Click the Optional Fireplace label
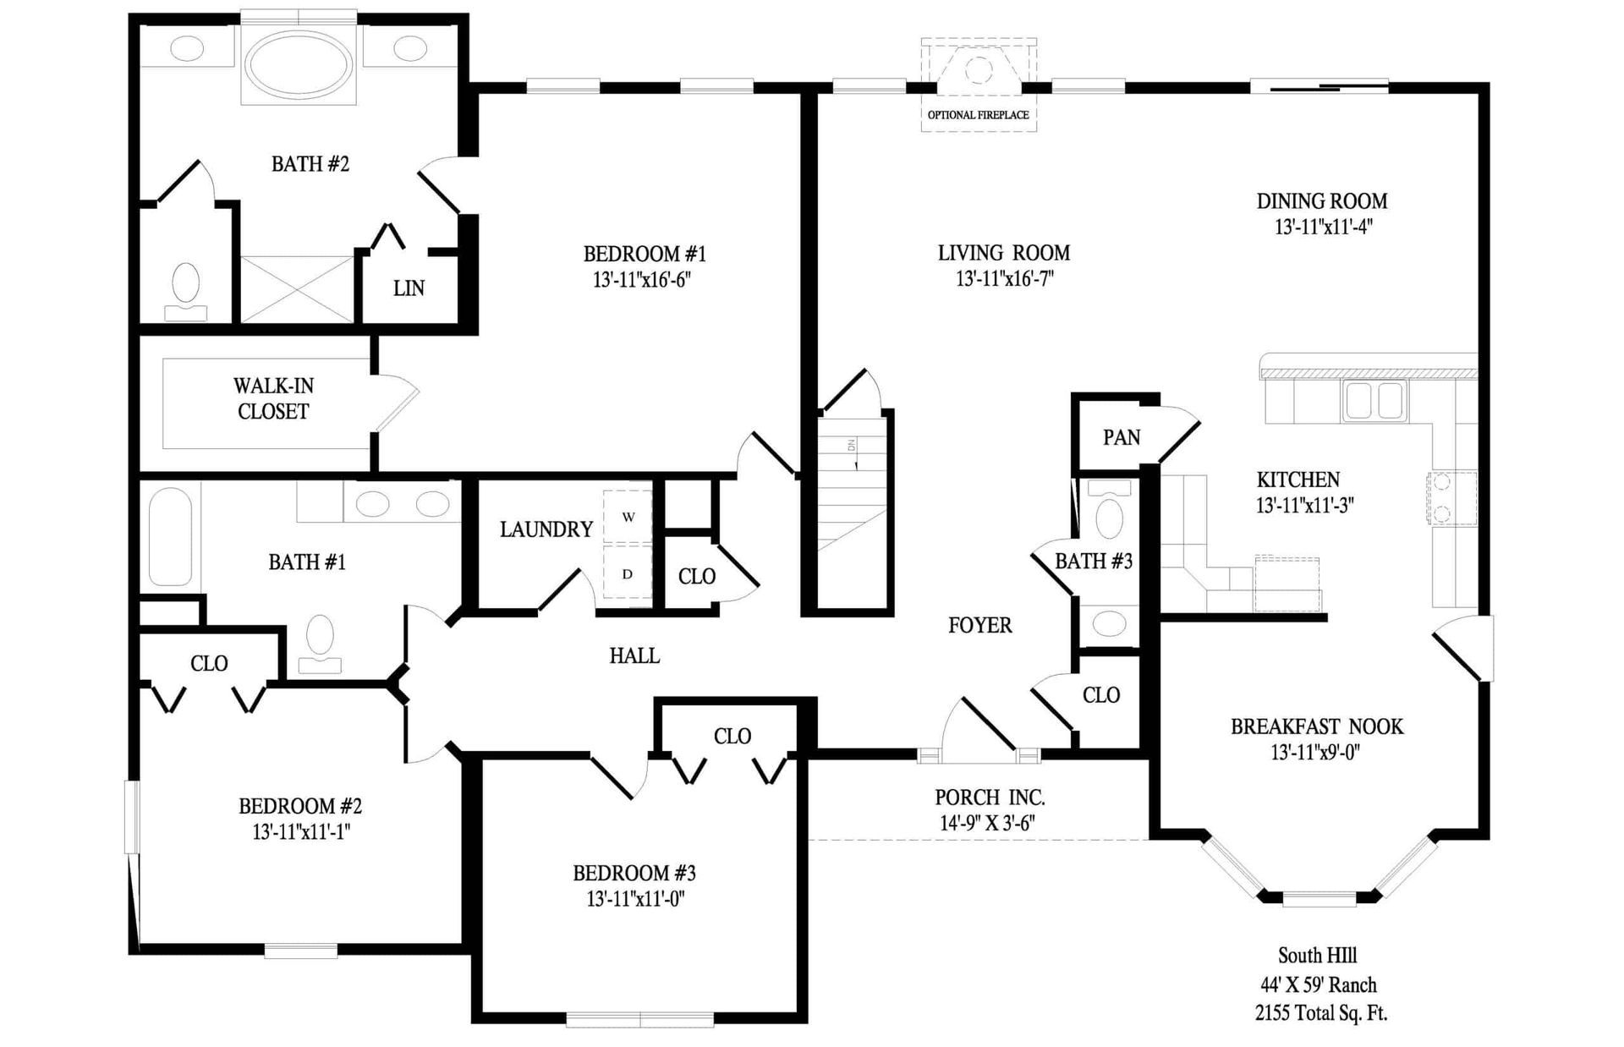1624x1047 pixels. click(x=978, y=115)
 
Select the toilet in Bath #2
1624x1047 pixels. click(x=185, y=288)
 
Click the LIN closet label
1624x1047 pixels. click(x=409, y=288)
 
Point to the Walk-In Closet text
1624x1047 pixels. click(x=273, y=398)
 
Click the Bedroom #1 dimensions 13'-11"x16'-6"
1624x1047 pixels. click(x=642, y=280)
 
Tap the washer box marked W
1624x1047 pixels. click(x=628, y=517)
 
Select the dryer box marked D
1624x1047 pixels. click(x=628, y=574)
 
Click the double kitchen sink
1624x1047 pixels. click(x=1374, y=399)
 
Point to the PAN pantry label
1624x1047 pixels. click(x=1121, y=437)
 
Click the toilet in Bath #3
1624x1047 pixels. click(x=1108, y=517)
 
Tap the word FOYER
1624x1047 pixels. click(x=979, y=625)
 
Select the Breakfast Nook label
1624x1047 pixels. click(x=1316, y=726)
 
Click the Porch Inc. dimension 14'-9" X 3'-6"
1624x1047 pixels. click(x=987, y=823)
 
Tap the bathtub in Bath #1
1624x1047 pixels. click(x=169, y=536)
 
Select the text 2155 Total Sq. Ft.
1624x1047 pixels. click(x=1320, y=1012)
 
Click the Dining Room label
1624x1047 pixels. click(x=1321, y=201)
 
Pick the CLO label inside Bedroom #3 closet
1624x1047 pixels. click(x=732, y=737)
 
